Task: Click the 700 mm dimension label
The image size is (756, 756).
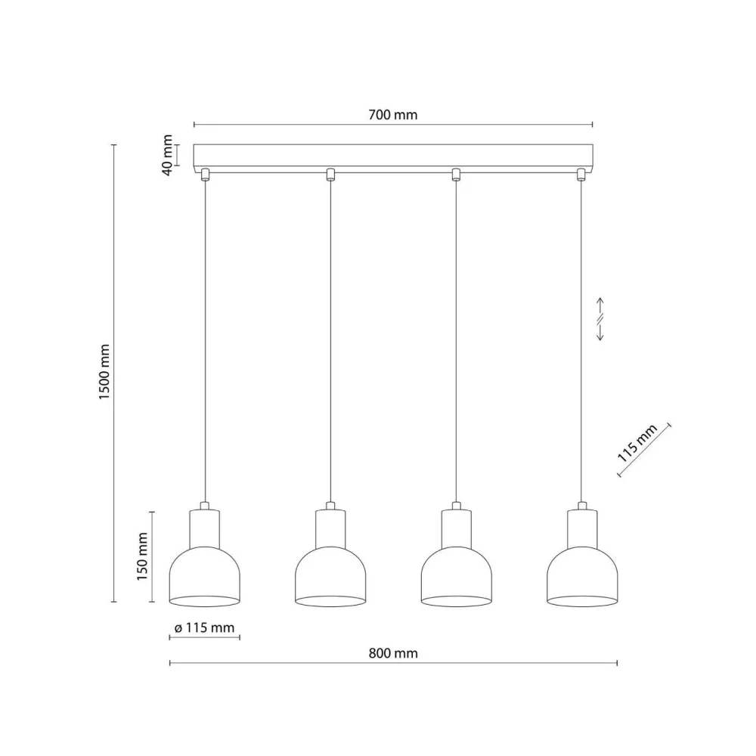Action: (x=393, y=115)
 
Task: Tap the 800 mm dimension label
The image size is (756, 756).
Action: (x=393, y=653)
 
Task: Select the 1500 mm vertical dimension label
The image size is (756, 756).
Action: (x=105, y=373)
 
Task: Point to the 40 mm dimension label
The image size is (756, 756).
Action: (x=167, y=155)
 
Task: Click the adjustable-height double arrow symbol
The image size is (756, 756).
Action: (x=600, y=319)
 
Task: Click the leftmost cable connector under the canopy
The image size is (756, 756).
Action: (x=204, y=175)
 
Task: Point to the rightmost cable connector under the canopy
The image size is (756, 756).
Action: (x=581, y=175)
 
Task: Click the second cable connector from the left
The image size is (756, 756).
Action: (x=330, y=175)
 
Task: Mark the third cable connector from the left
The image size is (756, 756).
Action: (x=456, y=175)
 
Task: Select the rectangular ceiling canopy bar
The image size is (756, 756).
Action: (x=393, y=156)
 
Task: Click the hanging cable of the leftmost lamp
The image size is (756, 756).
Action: (x=205, y=340)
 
